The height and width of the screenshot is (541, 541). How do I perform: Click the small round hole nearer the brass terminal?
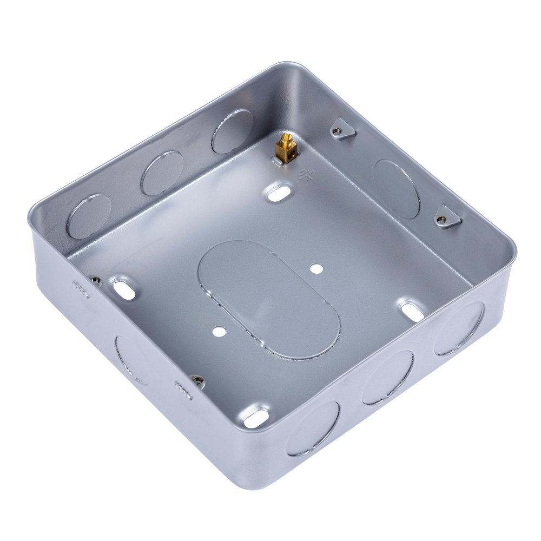click(315, 267)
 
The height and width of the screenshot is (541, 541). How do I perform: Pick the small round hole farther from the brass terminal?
click(219, 329)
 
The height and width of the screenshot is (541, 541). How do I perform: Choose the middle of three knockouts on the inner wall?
click(162, 173)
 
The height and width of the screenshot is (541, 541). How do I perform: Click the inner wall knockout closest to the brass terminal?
click(232, 131)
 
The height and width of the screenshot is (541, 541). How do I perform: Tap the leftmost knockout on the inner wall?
click(89, 216)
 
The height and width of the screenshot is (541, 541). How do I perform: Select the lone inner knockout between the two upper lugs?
click(397, 189)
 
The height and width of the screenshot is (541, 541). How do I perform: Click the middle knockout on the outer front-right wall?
click(387, 377)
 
